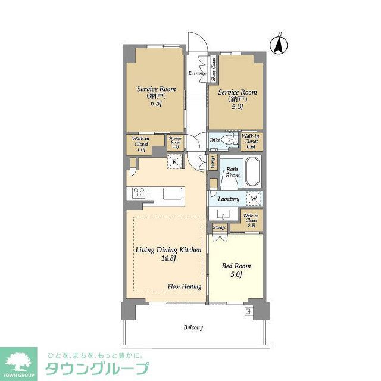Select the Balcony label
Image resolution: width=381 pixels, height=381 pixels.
click(193, 327)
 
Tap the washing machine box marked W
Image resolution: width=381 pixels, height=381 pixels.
click(254, 199)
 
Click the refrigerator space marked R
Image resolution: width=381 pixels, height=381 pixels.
click(175, 162)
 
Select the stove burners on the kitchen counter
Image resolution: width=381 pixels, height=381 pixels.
click(138, 193)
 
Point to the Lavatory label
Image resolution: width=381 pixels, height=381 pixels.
click(229, 199)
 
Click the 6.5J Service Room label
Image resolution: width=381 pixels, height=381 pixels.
click(156, 96)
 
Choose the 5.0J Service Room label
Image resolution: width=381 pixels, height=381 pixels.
click(237, 99)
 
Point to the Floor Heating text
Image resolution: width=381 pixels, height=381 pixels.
click(184, 286)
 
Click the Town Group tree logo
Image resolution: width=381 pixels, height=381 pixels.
click(19, 363)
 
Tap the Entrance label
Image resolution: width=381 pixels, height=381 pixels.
click(197, 74)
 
